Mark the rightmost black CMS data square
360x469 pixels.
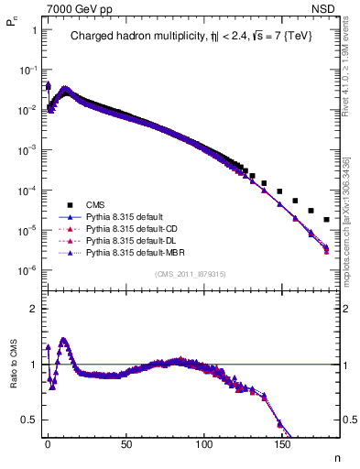click(x=327, y=220)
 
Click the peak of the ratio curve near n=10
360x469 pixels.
click(x=63, y=339)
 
